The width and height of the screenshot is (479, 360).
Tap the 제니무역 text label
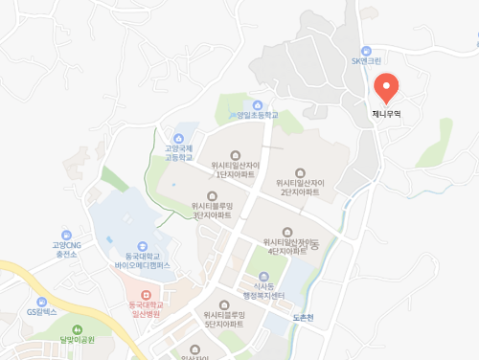click(386, 113)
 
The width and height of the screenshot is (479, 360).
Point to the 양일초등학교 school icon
click(258, 104)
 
